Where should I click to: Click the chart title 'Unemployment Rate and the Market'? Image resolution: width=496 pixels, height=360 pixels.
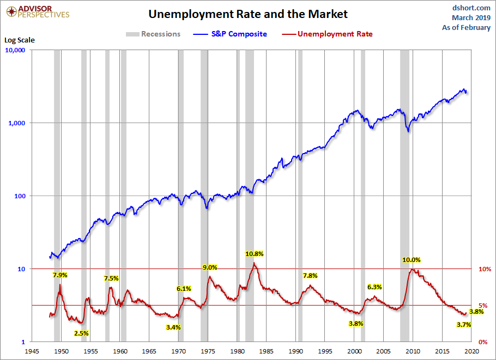click(247, 14)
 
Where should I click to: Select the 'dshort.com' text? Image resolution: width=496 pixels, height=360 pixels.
click(471, 8)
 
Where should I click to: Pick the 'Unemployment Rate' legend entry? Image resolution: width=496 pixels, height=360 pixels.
click(335, 34)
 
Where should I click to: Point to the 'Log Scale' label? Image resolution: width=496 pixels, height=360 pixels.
click(19, 40)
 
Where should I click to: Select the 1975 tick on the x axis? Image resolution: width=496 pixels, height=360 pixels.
click(208, 351)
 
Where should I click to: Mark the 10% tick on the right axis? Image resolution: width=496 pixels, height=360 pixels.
click(485, 269)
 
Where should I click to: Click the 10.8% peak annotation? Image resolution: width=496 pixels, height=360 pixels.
click(255, 254)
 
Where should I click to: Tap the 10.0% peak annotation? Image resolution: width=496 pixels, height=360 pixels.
click(412, 260)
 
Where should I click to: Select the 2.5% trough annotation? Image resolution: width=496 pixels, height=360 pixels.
click(81, 333)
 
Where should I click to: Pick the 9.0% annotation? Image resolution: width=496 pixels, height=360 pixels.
click(210, 267)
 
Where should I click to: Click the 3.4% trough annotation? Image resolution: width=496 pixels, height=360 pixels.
click(173, 327)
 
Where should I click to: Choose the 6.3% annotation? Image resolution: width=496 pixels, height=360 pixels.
click(374, 287)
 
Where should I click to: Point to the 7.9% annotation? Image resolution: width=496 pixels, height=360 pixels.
click(60, 275)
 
